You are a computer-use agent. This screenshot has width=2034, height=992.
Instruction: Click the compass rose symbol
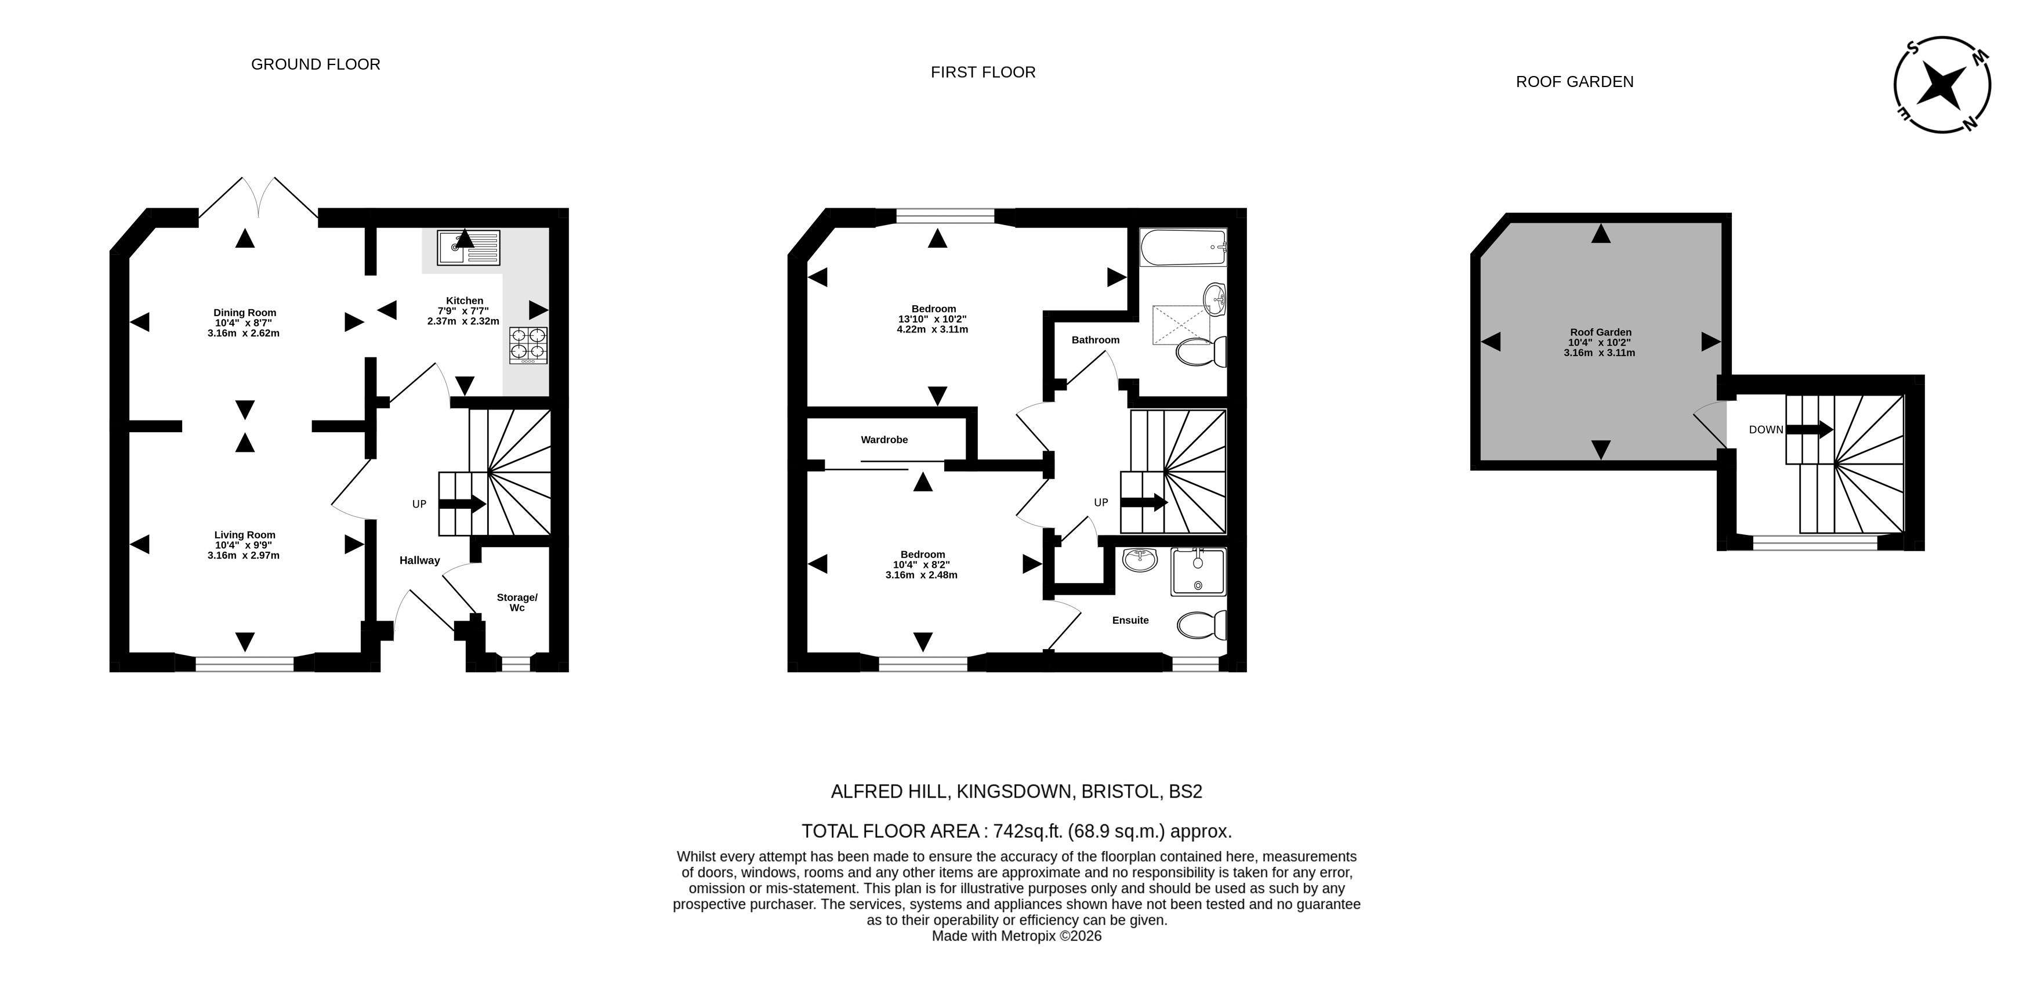click(1942, 85)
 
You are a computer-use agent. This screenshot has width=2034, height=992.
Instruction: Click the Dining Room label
click(245, 313)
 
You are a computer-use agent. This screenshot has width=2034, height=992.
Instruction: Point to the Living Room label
click(245, 535)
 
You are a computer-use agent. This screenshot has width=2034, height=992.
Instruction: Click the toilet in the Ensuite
click(1202, 625)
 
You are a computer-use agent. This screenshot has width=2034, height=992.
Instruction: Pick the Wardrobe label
click(884, 440)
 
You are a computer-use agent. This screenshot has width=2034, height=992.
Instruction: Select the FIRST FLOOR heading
click(983, 73)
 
